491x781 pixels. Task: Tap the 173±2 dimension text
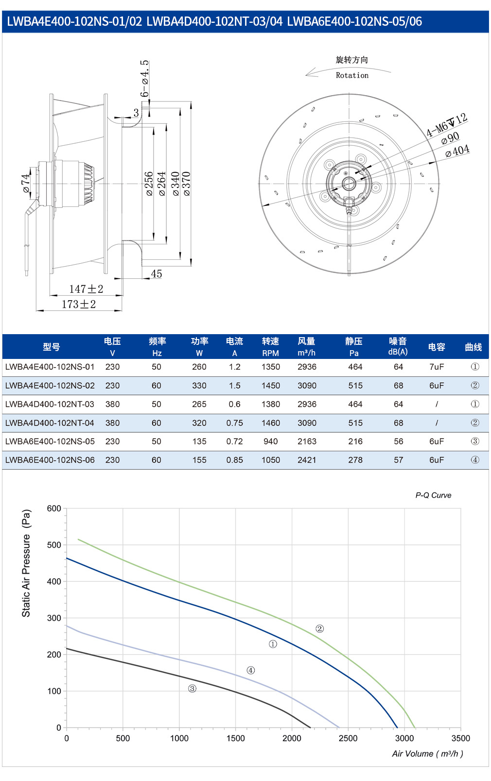[x=79, y=305]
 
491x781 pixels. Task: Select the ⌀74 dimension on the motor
[x=25, y=184]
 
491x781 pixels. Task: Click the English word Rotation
[x=352, y=75]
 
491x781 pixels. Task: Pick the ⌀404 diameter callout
[x=457, y=151]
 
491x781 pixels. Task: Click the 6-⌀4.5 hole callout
[x=144, y=79]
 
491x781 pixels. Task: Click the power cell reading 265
[x=199, y=404]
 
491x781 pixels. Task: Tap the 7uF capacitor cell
[x=437, y=367]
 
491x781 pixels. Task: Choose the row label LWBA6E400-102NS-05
[x=50, y=441]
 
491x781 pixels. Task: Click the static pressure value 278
[x=355, y=460]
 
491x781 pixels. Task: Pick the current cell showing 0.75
[x=234, y=423]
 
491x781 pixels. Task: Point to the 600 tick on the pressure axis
[x=54, y=509]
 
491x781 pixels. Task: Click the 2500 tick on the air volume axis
[x=348, y=738]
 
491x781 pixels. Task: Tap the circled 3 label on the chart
[x=193, y=689]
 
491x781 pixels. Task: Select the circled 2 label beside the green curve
[x=320, y=628]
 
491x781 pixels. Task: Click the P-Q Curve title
[x=433, y=495]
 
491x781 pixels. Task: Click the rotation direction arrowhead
[x=310, y=72]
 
